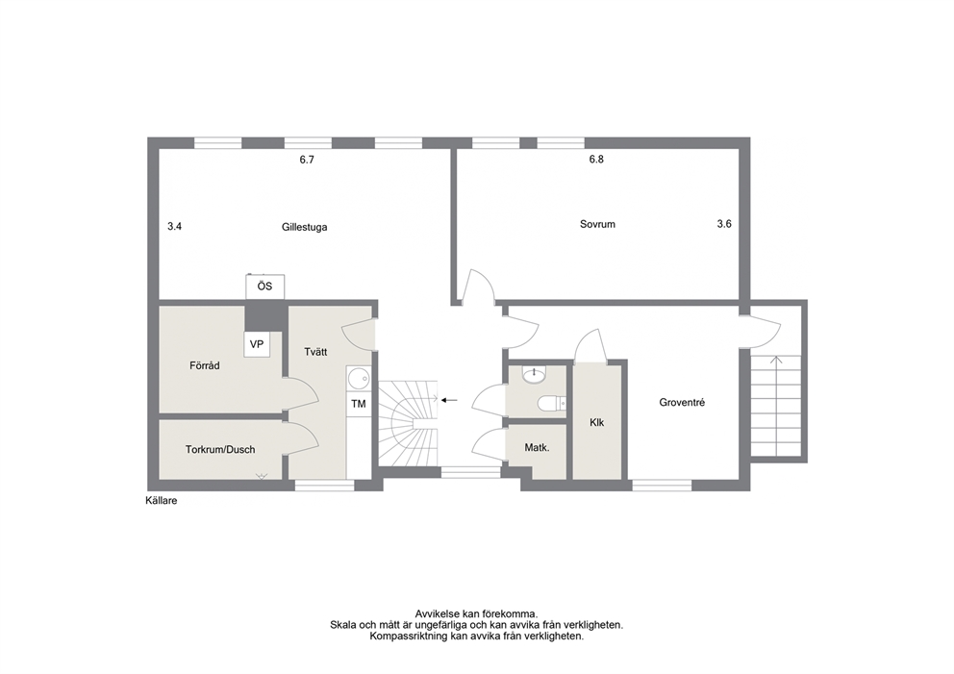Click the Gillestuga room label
coord(304,227)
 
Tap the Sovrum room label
coord(597,224)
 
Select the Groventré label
coord(682,402)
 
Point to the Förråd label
coord(205,365)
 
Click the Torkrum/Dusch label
coord(220,450)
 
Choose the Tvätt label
coord(315,352)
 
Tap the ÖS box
coord(264,286)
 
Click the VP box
coord(257,344)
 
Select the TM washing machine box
coord(359,403)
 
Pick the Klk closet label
coord(597,422)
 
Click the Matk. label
coord(538,448)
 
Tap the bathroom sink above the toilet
coord(534,374)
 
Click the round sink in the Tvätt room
coord(359,379)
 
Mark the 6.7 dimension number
coord(307,160)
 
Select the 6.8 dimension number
coord(596,160)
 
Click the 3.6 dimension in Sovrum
coord(724,224)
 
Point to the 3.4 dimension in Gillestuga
coord(175,226)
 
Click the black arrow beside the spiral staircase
coord(449,400)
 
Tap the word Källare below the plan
coord(162,501)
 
